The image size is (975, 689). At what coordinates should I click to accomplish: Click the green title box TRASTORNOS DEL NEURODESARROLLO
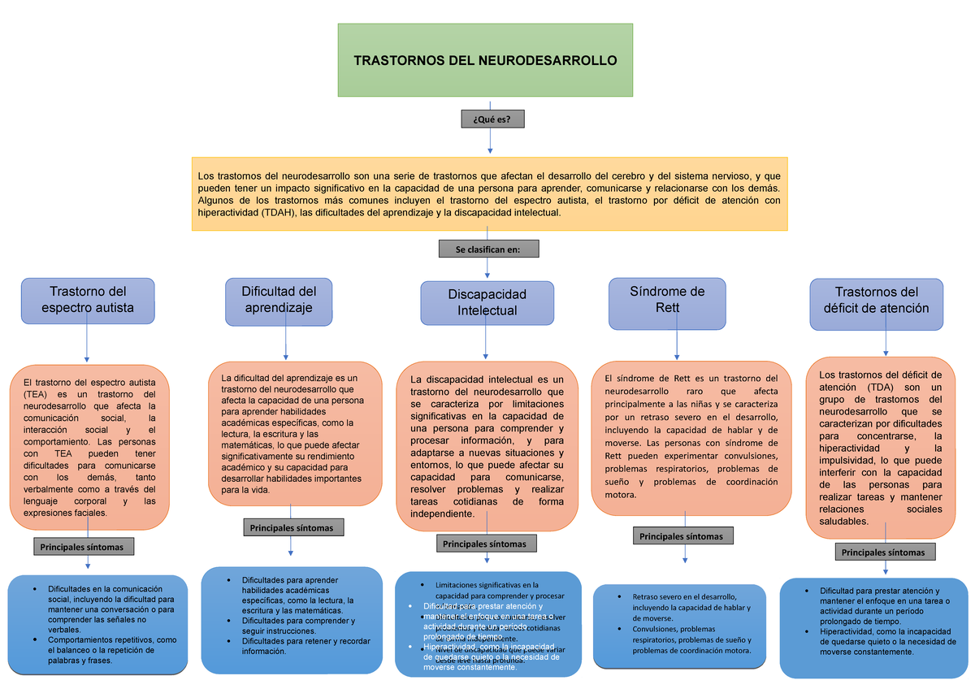(x=485, y=60)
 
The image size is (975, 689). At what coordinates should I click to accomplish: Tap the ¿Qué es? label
(x=492, y=120)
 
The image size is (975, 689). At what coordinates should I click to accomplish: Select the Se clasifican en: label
(x=487, y=249)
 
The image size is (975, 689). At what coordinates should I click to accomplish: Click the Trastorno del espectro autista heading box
(x=88, y=300)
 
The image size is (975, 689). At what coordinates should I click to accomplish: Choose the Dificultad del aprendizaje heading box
(x=279, y=300)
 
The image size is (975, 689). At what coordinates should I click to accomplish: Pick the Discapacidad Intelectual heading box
(x=487, y=303)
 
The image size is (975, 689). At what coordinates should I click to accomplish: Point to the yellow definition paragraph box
(x=490, y=193)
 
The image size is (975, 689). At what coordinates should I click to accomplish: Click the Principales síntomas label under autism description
(x=84, y=547)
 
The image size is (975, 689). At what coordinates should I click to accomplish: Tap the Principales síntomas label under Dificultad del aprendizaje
(x=291, y=528)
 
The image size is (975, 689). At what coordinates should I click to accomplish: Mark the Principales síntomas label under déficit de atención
(x=883, y=552)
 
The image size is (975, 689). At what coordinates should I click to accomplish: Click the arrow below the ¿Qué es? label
(x=491, y=141)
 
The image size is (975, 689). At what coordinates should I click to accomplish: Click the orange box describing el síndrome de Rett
(x=690, y=437)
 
